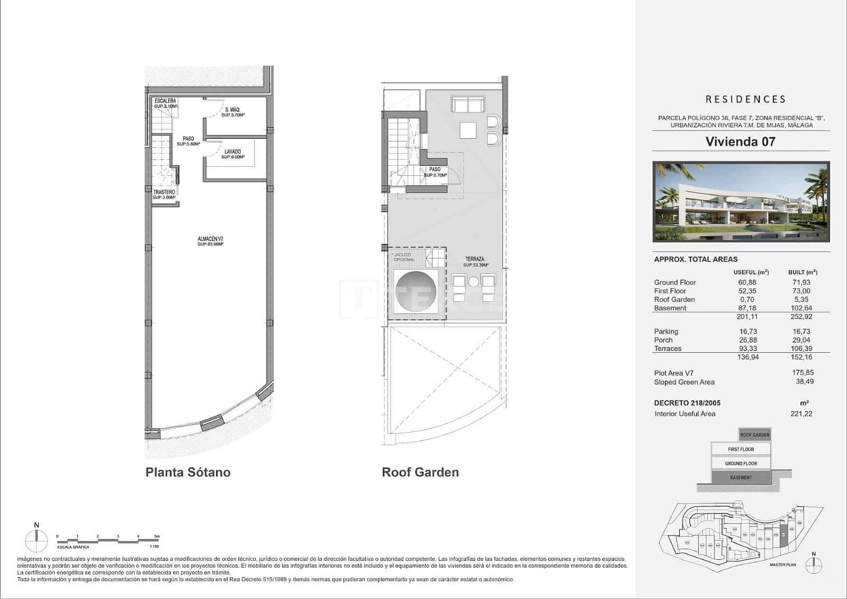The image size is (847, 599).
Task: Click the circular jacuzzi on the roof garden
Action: point(416,292)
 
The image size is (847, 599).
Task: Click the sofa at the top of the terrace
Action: point(468,104)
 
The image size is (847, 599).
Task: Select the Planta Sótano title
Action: point(188,472)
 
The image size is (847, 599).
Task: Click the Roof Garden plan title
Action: point(420,472)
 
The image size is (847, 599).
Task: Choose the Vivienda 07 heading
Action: point(740,141)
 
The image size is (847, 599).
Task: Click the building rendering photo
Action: point(741,202)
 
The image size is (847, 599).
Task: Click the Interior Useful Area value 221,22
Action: point(801,414)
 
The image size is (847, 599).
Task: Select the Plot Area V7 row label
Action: point(673,373)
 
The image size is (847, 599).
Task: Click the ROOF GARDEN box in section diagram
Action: point(755,435)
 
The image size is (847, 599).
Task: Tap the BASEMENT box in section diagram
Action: point(741,477)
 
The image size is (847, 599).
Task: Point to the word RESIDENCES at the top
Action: point(745,99)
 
